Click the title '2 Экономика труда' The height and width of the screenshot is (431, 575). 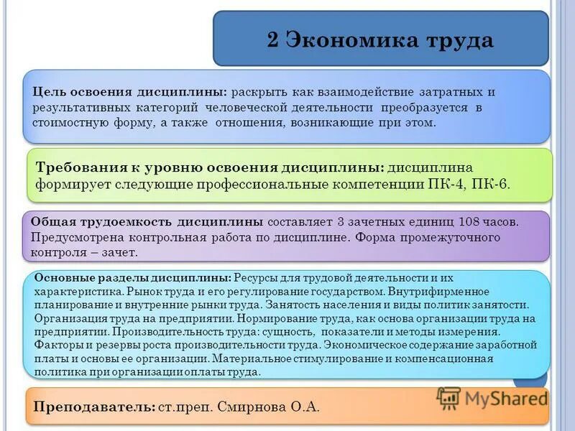point(380,40)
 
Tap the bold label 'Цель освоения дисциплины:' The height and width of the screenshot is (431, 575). point(130,93)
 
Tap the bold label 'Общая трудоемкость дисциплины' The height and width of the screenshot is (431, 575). point(147,221)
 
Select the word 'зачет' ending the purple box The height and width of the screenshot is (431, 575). point(121,253)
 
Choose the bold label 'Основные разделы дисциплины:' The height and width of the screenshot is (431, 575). point(132,277)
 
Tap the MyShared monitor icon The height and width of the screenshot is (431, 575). point(448,398)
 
